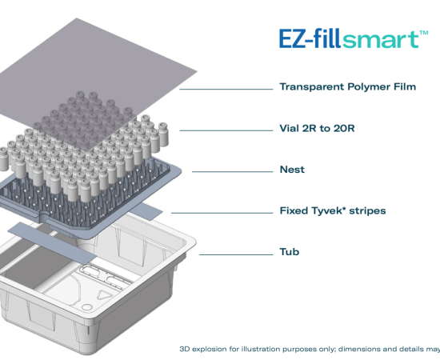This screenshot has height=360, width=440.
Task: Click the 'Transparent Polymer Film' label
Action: pos(348,86)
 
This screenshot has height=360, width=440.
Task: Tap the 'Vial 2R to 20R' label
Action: pos(317,128)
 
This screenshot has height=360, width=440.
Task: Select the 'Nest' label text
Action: pos(292,170)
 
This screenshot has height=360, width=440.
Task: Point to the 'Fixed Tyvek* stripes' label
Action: pos(333,210)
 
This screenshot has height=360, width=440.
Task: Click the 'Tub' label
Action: pos(290,252)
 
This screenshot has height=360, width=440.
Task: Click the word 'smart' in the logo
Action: pos(380,39)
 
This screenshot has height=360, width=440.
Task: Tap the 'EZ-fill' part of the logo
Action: pos(310,38)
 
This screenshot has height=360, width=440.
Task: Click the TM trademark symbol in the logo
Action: pos(424,33)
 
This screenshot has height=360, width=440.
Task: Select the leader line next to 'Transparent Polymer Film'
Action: pos(226,90)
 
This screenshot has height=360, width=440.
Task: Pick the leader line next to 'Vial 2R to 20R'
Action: pos(226,130)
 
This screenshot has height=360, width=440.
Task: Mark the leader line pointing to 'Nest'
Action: pos(232,172)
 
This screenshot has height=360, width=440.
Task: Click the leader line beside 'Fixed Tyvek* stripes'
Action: pos(222,213)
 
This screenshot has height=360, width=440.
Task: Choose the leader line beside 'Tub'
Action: pos(236,254)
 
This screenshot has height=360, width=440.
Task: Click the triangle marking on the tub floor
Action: pos(104,294)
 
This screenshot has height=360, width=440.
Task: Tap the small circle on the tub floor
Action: pos(87,307)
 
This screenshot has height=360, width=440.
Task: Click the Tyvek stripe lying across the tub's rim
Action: pos(52,242)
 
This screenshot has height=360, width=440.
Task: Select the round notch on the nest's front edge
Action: pos(43,217)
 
